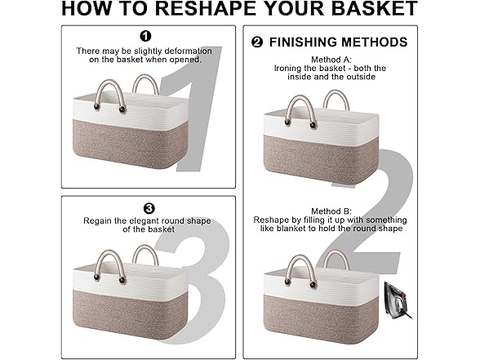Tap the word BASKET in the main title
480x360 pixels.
375,8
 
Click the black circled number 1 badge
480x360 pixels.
145,36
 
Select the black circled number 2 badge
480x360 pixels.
257,42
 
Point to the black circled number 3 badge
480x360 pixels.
149,209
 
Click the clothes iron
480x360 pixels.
398,300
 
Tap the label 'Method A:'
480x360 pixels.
331,60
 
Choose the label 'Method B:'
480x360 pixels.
331,211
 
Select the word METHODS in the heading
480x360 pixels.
374,42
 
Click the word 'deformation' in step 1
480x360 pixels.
189,51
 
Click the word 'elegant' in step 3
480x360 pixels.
144,221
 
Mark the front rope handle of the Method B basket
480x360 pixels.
300,265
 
